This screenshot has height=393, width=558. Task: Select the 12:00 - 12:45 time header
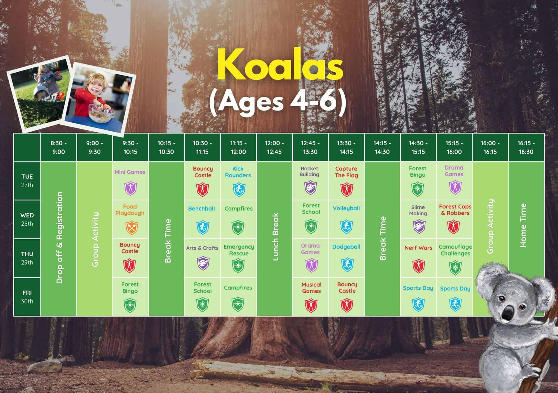274,148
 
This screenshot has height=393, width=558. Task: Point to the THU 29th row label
27,258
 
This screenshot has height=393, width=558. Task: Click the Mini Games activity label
130,172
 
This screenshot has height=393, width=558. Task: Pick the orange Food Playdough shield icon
130,227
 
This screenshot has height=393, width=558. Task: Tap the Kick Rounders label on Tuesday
238,172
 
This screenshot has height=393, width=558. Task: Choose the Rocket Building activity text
309,172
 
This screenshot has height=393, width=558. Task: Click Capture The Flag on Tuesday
346,172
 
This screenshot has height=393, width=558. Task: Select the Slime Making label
418,210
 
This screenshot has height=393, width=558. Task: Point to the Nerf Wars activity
418,248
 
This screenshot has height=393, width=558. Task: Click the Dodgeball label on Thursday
346,247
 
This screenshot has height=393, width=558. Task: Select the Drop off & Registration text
59,238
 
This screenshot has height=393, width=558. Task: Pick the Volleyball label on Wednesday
346,208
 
